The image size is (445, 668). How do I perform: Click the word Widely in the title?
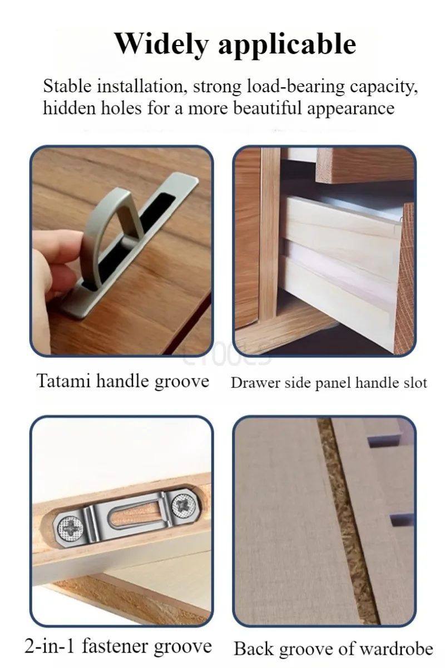(161, 44)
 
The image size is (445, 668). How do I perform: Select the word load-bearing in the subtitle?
(296, 87)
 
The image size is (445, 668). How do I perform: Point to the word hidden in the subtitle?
(69, 108)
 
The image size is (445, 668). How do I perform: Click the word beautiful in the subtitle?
(268, 108)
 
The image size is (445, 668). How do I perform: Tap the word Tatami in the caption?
(63, 381)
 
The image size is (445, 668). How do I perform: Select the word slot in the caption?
(415, 383)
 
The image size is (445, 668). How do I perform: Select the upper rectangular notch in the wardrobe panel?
(385, 442)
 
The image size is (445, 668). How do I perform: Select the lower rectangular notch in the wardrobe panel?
(401, 519)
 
